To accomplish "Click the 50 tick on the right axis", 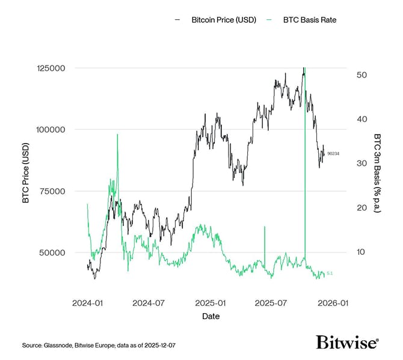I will [361, 75].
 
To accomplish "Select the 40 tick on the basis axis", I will [361, 119].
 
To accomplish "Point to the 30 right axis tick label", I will [361, 163].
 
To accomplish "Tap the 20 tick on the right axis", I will [361, 208].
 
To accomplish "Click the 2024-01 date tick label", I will [87, 304].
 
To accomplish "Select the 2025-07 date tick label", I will [272, 304].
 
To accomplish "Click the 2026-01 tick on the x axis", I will [335, 304].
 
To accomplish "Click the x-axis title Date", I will [211, 316].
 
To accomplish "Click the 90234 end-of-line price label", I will [333, 154].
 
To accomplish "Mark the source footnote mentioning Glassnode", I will [99, 346].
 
